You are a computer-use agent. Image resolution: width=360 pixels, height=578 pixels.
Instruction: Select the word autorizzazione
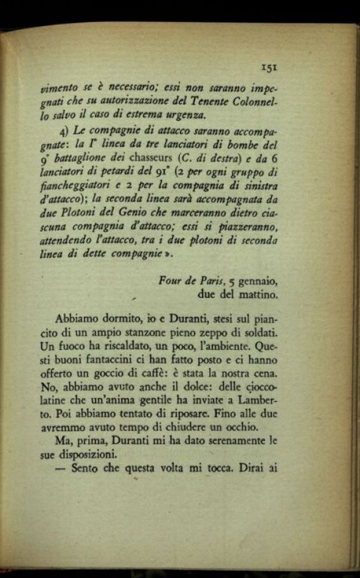coord(137,102)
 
